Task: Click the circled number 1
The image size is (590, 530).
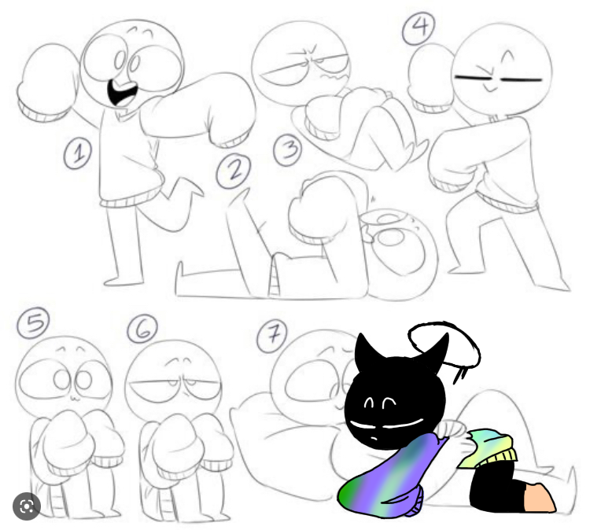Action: pos(78,153)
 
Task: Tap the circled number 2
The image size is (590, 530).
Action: pos(234,171)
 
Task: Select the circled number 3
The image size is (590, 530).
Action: pos(288,150)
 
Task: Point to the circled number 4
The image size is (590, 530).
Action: pos(419,27)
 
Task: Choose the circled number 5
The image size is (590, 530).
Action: pos(33,323)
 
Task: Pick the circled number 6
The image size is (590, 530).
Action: pos(142,329)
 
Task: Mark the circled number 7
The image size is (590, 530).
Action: pos(271,336)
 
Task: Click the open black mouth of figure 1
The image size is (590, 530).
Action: pos(121,93)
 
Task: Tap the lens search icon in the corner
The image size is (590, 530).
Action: pos(27,506)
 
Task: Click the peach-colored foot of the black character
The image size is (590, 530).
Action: pos(539,496)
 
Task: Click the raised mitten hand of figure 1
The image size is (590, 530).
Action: pos(47,81)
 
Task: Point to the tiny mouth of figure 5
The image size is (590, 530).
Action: pos(74,398)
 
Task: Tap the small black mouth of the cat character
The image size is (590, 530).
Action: pos(373,439)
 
